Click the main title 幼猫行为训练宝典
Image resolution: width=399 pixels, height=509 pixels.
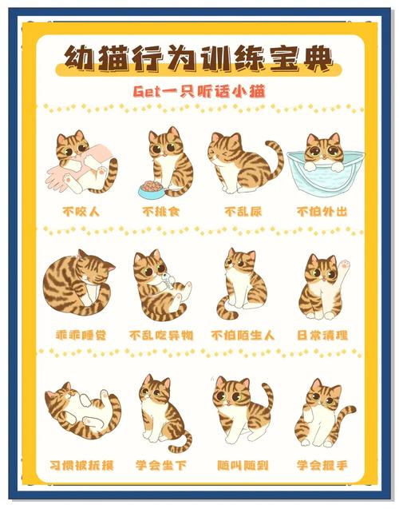(199, 59)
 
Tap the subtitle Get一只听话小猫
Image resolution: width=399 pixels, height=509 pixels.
(199, 92)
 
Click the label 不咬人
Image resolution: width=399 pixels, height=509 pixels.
(81, 212)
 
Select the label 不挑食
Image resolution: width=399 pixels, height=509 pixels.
(161, 212)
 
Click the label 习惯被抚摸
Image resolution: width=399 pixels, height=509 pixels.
(81, 464)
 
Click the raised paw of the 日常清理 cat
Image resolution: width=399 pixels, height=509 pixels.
(345, 262)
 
